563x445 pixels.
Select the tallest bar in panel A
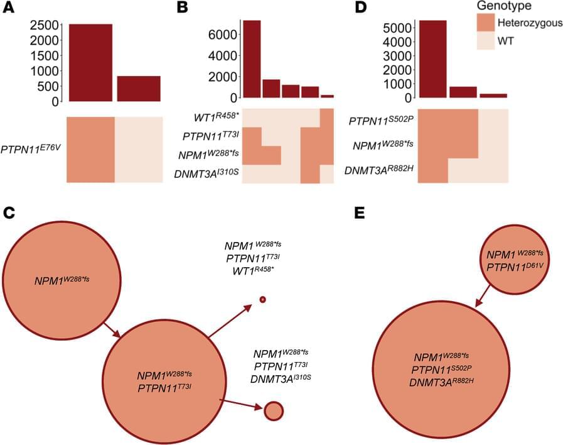tap(90, 62)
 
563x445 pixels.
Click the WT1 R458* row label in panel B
tap(214, 118)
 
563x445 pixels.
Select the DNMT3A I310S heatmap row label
tap(206, 173)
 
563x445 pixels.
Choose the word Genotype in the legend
tap(503, 6)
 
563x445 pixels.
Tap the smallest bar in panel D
tap(493, 96)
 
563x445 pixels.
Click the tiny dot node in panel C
tap(263, 299)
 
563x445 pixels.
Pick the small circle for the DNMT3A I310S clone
tap(274, 410)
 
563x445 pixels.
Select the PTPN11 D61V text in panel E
tap(510, 266)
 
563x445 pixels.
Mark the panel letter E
tap(360, 212)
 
